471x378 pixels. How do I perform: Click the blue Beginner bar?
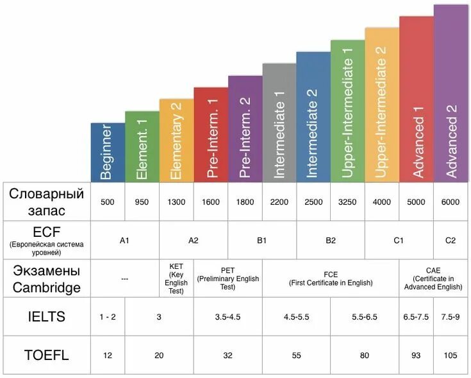108,152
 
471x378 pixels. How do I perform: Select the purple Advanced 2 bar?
450,93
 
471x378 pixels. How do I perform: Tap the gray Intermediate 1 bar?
279,123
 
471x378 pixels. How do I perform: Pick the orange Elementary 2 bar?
176,140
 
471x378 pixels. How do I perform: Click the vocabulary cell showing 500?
108,202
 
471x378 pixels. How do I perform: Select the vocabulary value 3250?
347,202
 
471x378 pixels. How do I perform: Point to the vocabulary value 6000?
450,202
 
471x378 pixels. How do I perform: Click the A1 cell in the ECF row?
125,241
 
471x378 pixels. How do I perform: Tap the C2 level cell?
450,241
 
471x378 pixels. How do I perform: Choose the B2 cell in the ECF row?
331,241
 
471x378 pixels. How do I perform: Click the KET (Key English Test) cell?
176,278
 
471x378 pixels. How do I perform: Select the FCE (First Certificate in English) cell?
331,278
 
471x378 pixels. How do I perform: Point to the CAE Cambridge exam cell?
433,278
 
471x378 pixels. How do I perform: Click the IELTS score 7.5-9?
450,317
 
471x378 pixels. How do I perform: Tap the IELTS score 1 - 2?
108,317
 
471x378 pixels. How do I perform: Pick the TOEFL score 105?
450,355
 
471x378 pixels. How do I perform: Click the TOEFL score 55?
296,355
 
